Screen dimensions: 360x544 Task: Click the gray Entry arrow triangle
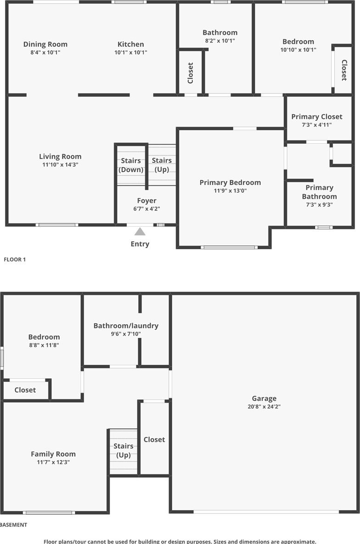pos(140,231)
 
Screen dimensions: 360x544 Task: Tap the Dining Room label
pos(45,44)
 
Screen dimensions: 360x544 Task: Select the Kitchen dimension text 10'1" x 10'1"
pos(131,52)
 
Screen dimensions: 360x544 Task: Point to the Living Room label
pos(60,157)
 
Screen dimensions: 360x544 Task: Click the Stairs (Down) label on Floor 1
pos(131,165)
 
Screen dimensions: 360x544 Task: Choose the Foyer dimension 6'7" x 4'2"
pos(147,209)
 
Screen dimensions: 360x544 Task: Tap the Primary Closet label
pos(316,117)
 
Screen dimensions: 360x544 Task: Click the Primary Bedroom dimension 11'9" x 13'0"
pos(230,190)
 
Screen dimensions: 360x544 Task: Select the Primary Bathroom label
pos(319,192)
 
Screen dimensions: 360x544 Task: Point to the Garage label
pos(264,399)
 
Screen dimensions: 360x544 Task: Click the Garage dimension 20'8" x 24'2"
pos(264,407)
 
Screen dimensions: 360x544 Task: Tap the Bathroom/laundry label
pos(126,326)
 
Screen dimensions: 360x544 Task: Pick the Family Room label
pos(53,454)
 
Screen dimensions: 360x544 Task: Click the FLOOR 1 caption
pos(15,259)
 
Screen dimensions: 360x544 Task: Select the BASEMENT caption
pos(14,525)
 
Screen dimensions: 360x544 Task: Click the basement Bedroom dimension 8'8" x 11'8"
pos(44,345)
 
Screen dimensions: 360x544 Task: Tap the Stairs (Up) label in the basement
pos(124,450)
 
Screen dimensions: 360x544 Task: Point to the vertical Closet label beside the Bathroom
pos(190,73)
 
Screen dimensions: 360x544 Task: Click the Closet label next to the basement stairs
pos(154,440)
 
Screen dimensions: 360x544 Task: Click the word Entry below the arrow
pos(140,244)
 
